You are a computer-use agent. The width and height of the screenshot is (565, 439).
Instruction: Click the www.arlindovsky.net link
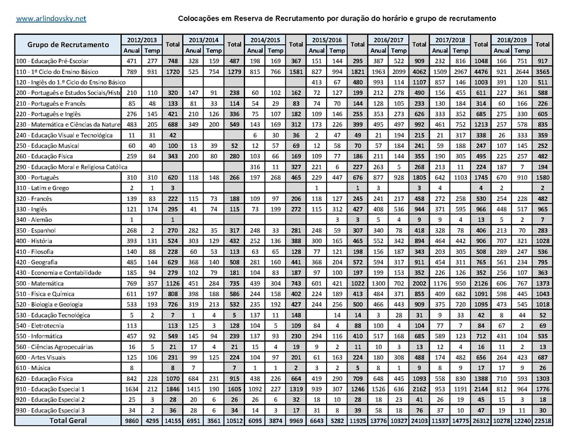click(51, 19)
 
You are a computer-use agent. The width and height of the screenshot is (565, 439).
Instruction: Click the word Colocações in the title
click(199, 19)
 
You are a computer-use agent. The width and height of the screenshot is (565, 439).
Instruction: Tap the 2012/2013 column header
click(142, 40)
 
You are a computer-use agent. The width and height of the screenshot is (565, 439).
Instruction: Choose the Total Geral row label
click(68, 421)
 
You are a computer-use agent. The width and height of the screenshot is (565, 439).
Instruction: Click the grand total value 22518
click(542, 421)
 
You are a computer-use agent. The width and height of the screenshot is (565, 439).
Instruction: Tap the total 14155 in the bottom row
click(173, 421)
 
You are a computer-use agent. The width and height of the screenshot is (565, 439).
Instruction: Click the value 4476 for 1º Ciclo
click(481, 72)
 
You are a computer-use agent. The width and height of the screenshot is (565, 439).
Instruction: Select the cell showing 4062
click(419, 72)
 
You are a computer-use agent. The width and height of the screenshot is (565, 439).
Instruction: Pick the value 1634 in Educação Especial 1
click(132, 389)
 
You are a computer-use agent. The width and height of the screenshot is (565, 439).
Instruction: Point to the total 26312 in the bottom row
click(481, 421)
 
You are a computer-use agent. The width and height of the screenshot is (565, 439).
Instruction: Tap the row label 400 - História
click(34, 241)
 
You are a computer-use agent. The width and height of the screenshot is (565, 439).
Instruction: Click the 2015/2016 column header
click(327, 40)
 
